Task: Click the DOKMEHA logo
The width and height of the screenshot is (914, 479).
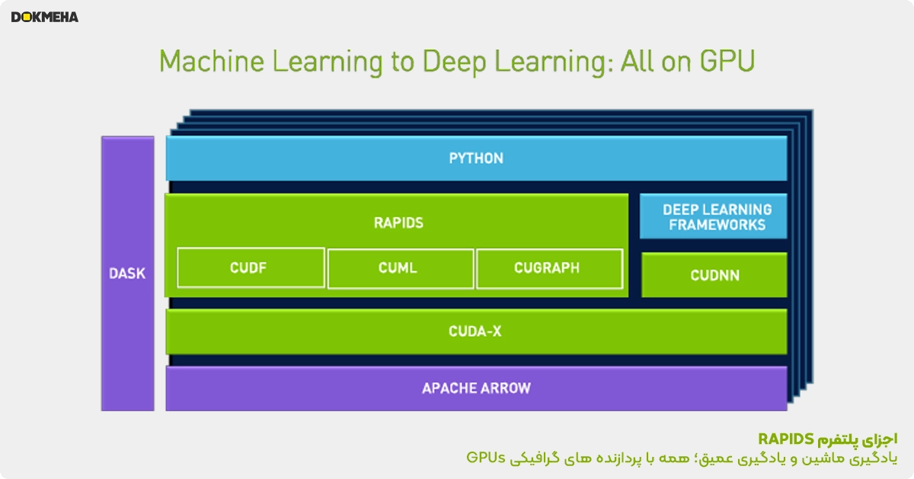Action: [x=44, y=18]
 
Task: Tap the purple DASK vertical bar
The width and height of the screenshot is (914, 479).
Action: [x=128, y=273]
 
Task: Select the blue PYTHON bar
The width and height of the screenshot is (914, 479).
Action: [x=476, y=158]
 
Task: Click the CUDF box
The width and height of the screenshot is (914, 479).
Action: [x=251, y=268]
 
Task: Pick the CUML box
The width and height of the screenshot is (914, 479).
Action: [x=401, y=269]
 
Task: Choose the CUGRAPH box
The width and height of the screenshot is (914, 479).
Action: [x=549, y=269]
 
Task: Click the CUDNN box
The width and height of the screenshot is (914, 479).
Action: [x=714, y=275]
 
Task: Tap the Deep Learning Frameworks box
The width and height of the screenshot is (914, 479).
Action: [x=713, y=216]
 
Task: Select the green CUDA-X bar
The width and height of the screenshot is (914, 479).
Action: [x=476, y=332]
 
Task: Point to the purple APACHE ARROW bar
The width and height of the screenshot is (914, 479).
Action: [x=476, y=388]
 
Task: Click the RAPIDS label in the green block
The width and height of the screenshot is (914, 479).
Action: [x=398, y=223]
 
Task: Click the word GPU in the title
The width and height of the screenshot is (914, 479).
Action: [x=727, y=62]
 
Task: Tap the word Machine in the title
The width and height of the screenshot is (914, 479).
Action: [x=212, y=62]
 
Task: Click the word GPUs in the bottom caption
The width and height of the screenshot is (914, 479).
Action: [x=486, y=458]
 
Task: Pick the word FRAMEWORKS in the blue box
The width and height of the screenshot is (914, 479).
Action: [x=717, y=225]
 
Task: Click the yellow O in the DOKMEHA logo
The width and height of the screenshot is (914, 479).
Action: [x=27, y=18]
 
